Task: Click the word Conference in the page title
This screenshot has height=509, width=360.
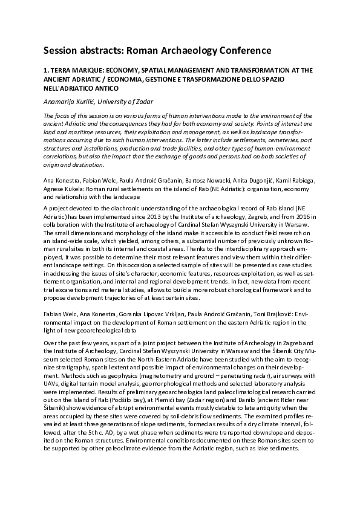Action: [240, 50]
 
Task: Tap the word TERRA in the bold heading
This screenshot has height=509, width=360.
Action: [62, 70]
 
